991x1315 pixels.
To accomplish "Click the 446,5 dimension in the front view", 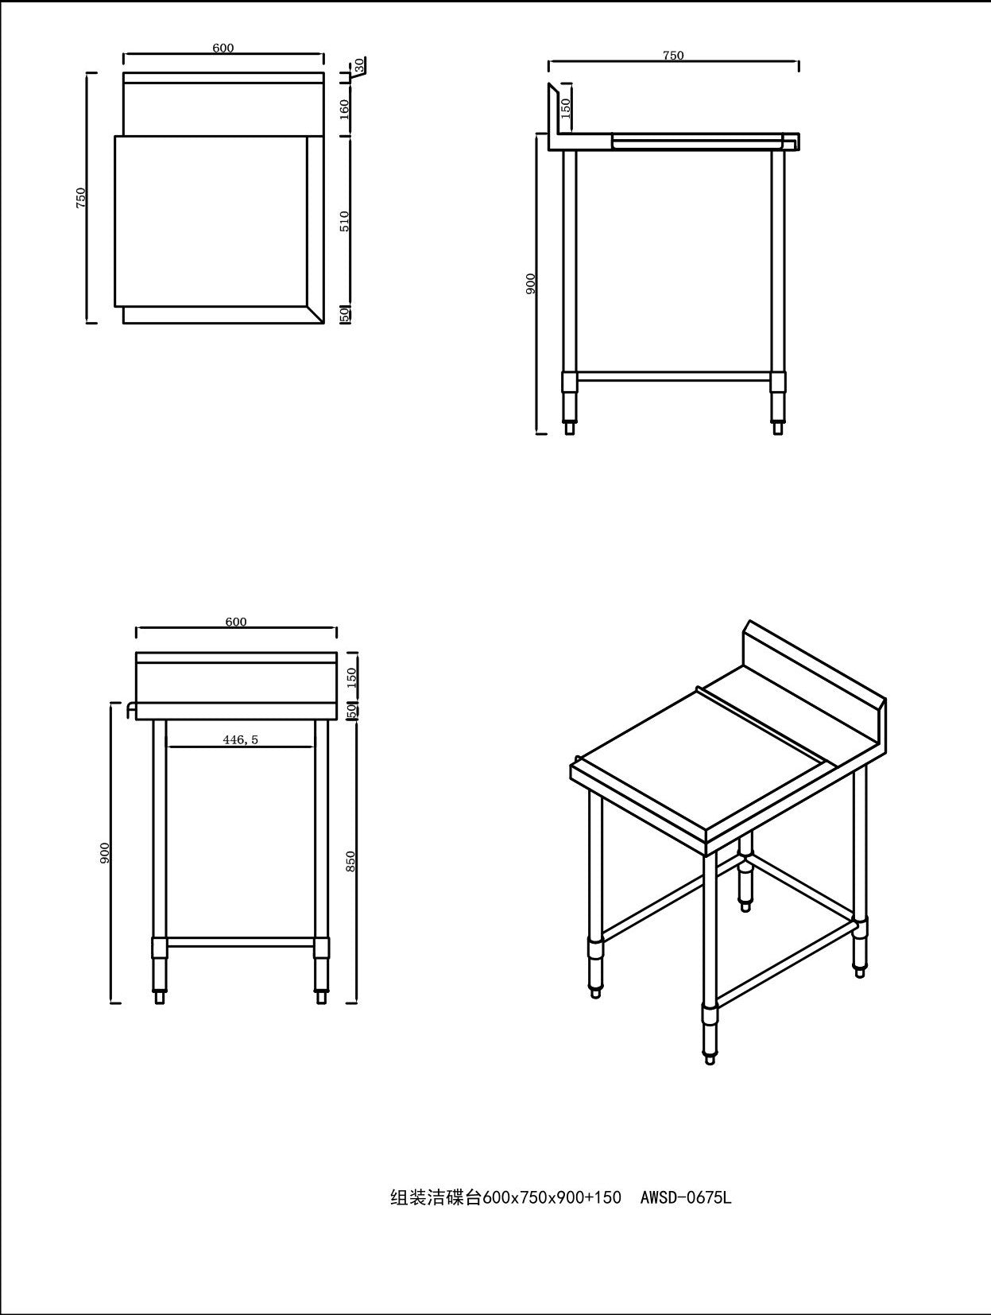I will click(240, 739).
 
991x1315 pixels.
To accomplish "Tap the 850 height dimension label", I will click(351, 860).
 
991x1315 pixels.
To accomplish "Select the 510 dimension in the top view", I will click(345, 220).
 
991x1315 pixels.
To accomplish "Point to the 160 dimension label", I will click(345, 107).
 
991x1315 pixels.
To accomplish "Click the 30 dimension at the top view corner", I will click(359, 64).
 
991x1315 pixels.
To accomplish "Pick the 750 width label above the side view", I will click(672, 56).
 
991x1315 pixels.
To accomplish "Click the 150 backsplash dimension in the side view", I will click(566, 108).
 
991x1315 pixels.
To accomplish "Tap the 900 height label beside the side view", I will click(531, 283).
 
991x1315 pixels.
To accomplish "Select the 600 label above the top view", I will click(223, 48).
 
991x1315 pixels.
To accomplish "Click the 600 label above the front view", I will click(236, 622).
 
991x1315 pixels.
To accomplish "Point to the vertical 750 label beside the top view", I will click(80, 198).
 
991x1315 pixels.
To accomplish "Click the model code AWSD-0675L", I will click(685, 1197).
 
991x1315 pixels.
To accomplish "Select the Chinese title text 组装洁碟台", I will click(435, 1197).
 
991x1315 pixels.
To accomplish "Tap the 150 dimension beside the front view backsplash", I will click(352, 677).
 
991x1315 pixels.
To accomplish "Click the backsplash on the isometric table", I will click(811, 676).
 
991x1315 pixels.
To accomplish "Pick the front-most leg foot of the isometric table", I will click(710, 1057).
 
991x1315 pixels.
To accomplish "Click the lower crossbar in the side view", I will click(674, 377).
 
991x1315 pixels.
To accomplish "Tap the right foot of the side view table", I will click(779, 426).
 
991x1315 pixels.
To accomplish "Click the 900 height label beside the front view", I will click(105, 852).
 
